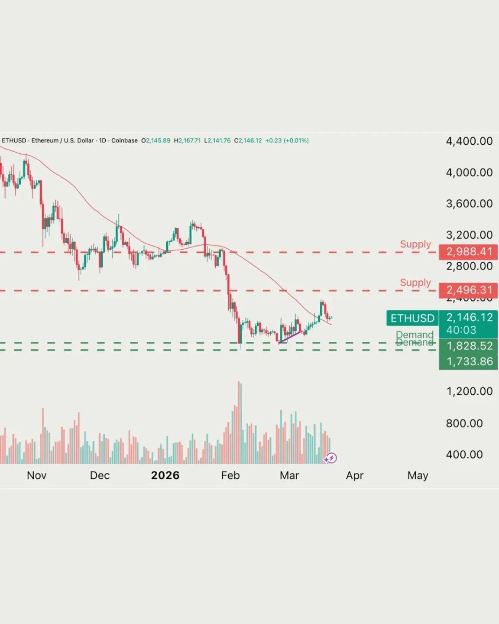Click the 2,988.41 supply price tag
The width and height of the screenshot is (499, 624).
[468, 252]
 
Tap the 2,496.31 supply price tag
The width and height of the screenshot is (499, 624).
[468, 290]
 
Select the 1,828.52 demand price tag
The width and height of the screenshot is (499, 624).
[468, 346]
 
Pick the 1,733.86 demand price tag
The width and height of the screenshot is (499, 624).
[468, 361]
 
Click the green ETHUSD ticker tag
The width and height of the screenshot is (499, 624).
[412, 318]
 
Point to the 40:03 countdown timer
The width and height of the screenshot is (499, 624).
[461, 330]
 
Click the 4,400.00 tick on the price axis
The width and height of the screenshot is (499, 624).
[469, 141]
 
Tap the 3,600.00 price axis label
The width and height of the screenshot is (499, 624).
[469, 204]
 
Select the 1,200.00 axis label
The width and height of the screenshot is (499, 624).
[469, 391]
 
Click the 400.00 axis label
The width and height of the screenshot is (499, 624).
[464, 455]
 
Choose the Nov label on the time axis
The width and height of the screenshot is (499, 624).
[36, 475]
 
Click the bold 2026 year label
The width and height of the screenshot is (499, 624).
[165, 475]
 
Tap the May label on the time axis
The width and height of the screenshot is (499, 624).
[418, 475]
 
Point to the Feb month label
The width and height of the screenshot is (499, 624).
[230, 475]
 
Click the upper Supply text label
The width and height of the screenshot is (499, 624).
[415, 244]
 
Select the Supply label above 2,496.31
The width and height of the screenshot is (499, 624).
[415, 283]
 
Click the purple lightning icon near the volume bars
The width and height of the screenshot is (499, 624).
[331, 458]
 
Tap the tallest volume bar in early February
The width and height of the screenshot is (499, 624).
[239, 422]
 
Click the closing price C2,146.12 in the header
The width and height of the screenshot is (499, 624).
[248, 140]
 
